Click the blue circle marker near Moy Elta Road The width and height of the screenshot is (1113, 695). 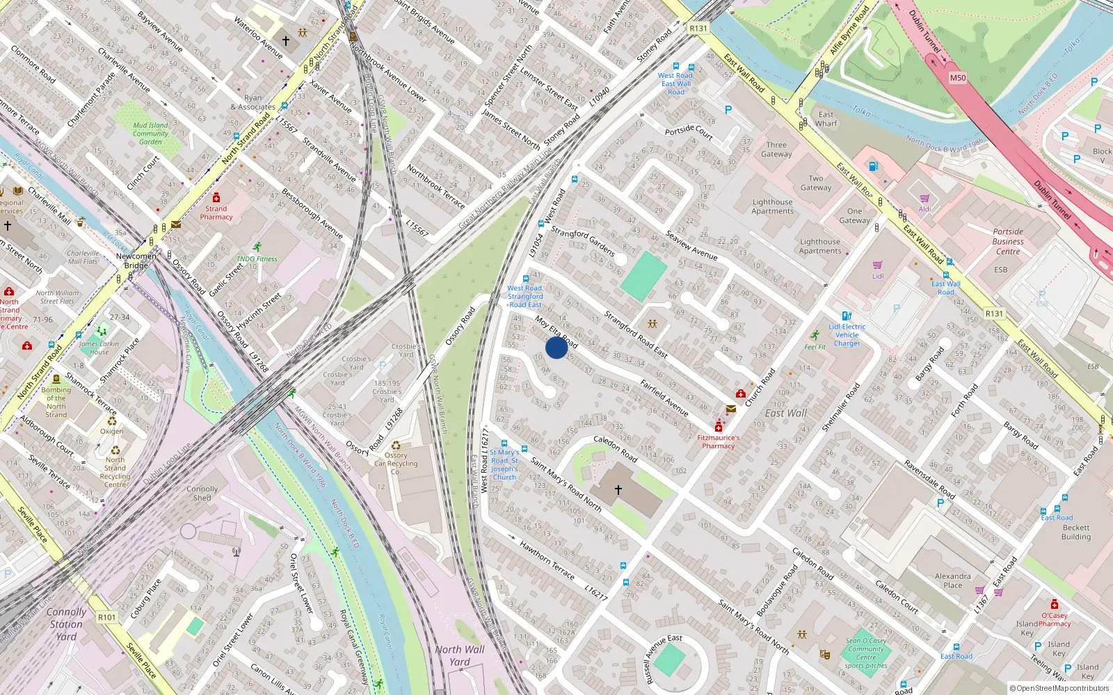556,347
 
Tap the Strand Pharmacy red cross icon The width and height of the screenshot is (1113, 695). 216,198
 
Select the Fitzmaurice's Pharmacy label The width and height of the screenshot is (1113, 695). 718,442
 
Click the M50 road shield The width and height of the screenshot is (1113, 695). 958,78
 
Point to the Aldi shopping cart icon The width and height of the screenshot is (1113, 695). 924,199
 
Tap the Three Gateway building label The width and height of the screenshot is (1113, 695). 776,149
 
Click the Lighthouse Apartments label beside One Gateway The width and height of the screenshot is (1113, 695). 820,246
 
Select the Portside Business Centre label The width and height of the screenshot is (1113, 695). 1008,241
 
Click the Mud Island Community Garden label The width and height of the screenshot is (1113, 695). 150,133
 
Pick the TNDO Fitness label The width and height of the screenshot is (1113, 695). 257,259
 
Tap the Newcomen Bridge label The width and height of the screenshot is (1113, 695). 136,261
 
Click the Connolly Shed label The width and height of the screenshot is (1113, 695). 202,493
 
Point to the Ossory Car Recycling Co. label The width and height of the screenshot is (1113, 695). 396,459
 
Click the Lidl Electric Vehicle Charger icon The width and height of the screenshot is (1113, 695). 847,316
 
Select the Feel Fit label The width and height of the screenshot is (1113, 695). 815,347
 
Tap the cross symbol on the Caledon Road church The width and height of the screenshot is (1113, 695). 618,490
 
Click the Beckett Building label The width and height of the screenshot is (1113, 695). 1076,532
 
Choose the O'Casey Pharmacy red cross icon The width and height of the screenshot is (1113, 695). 1055,605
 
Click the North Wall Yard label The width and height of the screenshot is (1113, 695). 460,655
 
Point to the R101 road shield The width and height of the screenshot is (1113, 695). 107,617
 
